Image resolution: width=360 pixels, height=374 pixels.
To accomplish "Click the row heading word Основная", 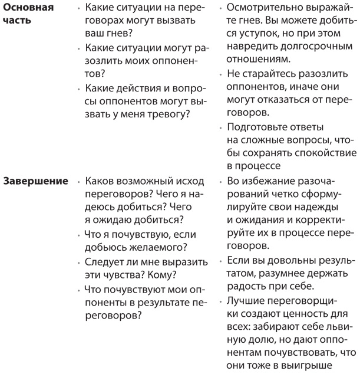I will click(28, 8).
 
